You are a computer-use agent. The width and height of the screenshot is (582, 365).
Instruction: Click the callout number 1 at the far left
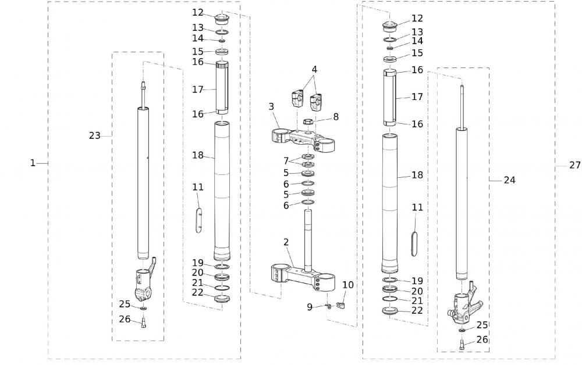pos(33,163)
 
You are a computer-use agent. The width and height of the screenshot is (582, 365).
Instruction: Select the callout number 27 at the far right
pos(574,166)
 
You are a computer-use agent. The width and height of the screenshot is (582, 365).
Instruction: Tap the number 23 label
pos(94,135)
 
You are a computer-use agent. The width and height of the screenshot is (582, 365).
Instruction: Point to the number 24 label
pos(509,180)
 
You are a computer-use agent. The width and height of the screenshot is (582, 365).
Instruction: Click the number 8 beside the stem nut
pos(335,117)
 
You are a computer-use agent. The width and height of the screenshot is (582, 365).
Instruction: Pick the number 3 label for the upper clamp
pos(271,106)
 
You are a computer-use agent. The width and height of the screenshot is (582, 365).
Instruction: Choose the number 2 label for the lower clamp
pos(286,242)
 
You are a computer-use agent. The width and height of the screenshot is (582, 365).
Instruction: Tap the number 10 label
pos(347,285)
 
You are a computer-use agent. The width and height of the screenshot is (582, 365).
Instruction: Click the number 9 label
pos(310,306)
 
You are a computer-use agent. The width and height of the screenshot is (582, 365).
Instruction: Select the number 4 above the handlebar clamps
pos(314,69)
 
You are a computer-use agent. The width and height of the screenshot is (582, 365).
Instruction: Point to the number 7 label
pos(286,160)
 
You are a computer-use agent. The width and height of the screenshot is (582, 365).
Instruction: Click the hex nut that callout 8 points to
pos(309,122)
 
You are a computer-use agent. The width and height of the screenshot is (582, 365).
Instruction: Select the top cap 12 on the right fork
pos(388,26)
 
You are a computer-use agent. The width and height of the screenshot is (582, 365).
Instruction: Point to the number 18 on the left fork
pos(198,155)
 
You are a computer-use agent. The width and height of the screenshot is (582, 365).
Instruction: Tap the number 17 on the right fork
pos(417,97)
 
